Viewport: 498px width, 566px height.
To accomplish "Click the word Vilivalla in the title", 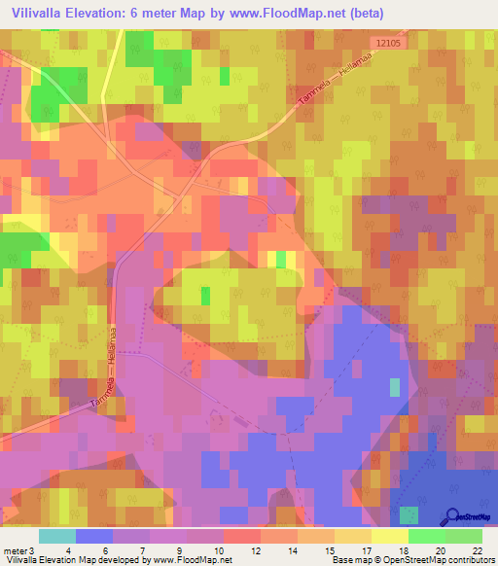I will click(42, 14).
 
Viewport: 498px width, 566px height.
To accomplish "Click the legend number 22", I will click(477, 550).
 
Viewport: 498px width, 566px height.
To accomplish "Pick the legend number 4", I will click(68, 550).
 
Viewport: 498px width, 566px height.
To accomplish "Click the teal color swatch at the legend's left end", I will click(56, 536).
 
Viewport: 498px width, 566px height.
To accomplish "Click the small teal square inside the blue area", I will click(394, 387).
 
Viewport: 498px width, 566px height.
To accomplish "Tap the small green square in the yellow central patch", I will click(205, 295).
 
